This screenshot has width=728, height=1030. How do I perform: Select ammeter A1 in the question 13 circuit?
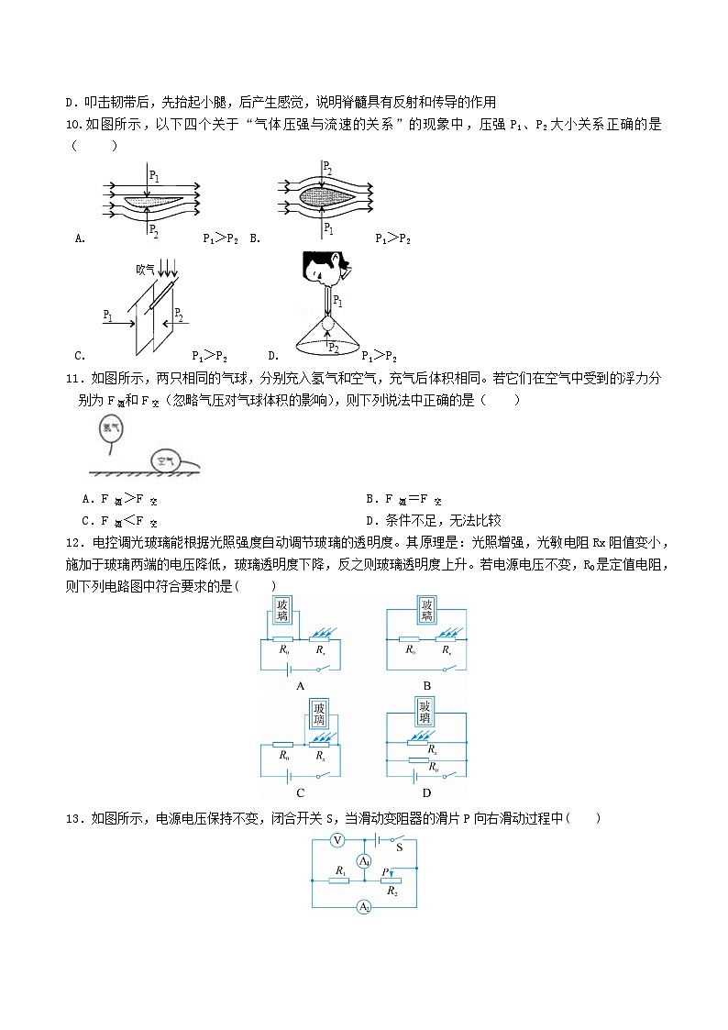[364, 861]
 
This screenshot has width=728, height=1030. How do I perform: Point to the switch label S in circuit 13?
[400, 848]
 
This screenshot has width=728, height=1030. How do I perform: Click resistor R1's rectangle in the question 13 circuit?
[340, 881]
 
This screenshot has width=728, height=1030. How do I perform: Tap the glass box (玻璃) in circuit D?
[425, 712]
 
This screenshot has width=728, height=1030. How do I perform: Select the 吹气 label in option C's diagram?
[145, 269]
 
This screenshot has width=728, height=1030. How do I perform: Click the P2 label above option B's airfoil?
[327, 167]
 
